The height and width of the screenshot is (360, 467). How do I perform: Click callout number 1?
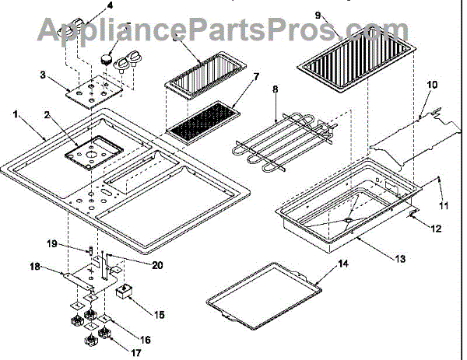tap(16, 114)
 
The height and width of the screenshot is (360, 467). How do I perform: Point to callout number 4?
tap(109, 5)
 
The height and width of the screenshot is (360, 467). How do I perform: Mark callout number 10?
tap(433, 83)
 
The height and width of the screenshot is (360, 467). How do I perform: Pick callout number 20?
tap(157, 265)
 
